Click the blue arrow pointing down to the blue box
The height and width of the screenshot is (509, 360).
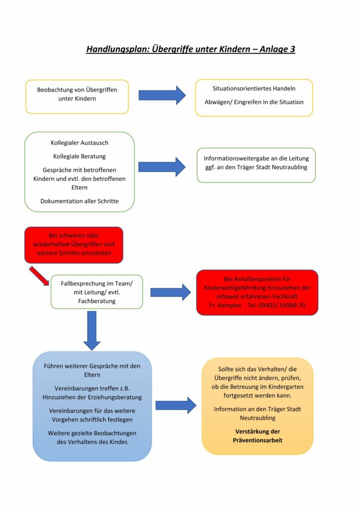click(91, 330)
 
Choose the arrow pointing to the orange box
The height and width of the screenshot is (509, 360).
click(176, 405)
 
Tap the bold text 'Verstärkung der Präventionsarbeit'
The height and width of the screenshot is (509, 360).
click(257, 436)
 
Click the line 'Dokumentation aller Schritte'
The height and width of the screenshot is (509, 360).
click(80, 201)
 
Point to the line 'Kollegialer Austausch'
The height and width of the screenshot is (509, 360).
click(80, 143)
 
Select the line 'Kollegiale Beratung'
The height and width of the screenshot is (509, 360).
click(80, 156)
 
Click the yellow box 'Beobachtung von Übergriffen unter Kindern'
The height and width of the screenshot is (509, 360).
click(77, 96)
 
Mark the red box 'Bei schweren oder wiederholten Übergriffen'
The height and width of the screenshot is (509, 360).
click(74, 245)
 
